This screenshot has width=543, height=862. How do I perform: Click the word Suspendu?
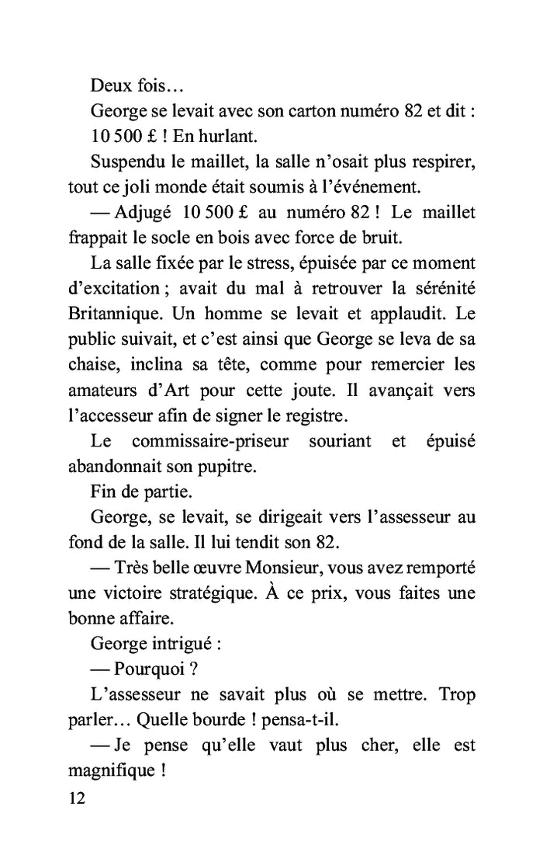point(127,165)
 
